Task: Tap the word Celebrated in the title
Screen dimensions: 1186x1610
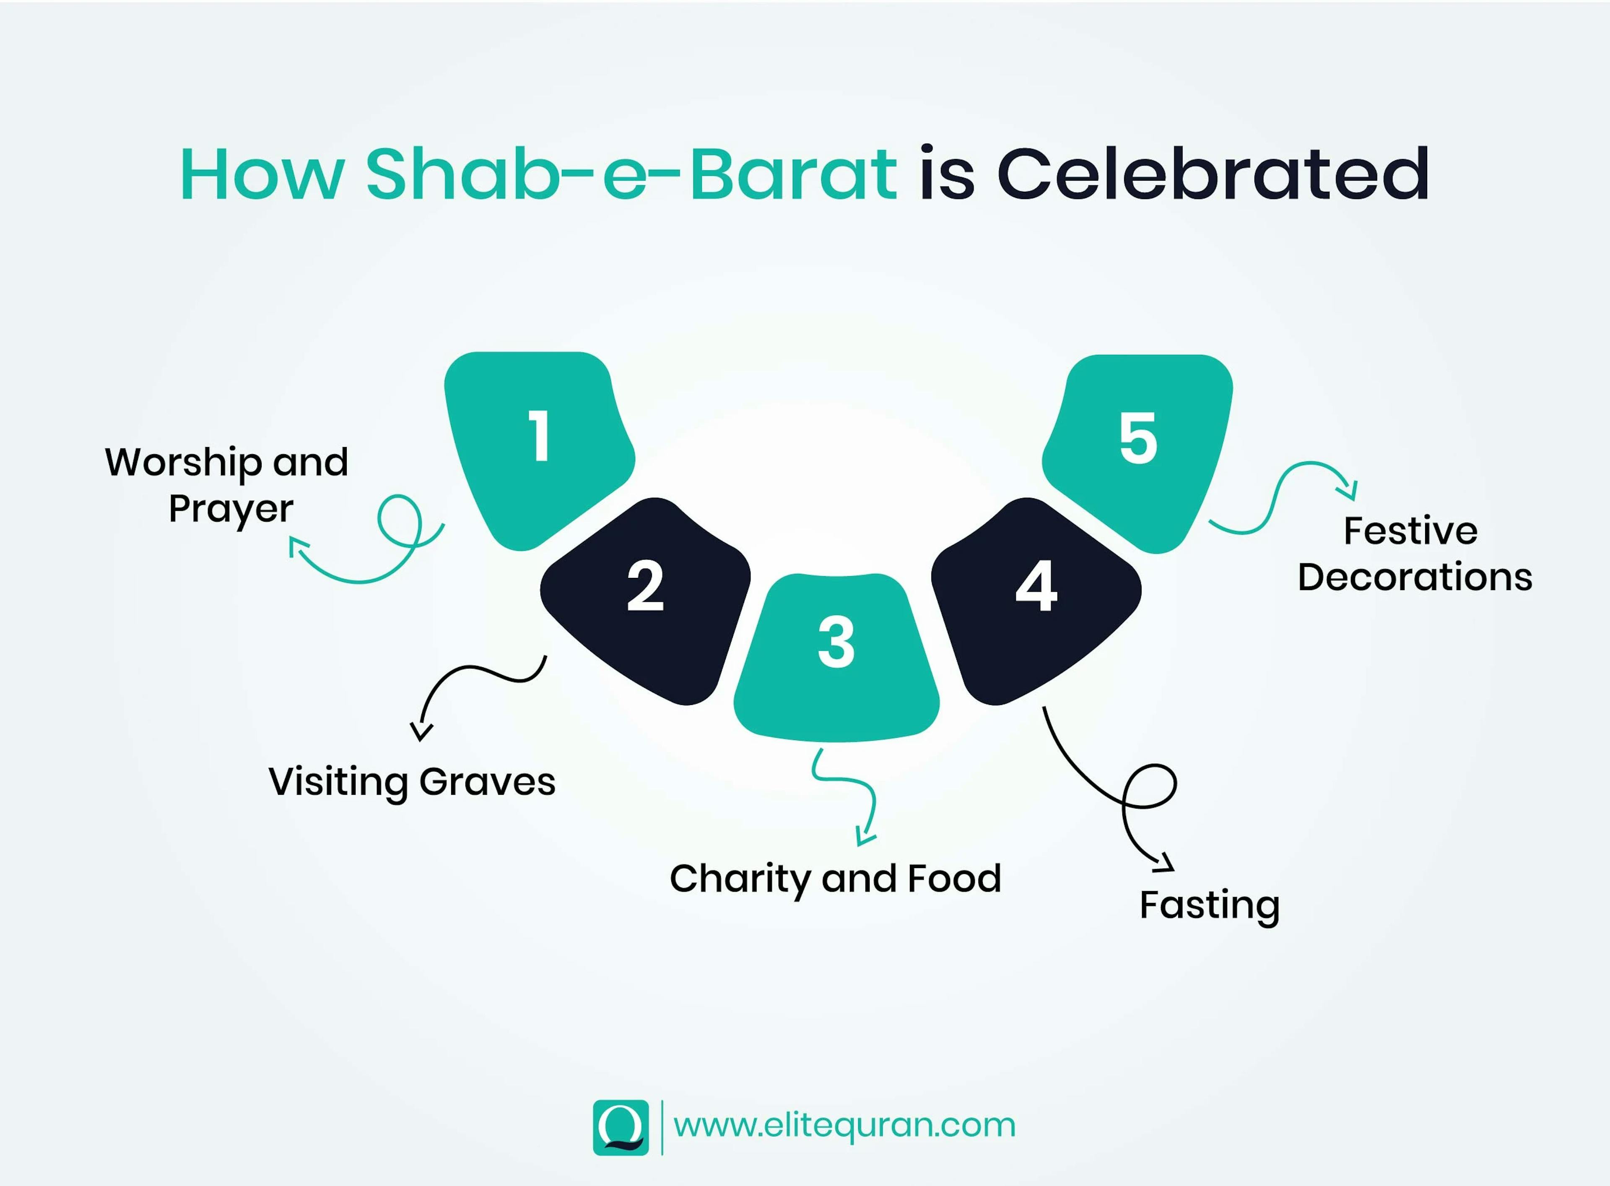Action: click(x=1213, y=174)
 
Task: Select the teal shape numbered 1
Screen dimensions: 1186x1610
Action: click(x=535, y=445)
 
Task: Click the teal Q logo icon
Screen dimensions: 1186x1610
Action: click(x=620, y=1127)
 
